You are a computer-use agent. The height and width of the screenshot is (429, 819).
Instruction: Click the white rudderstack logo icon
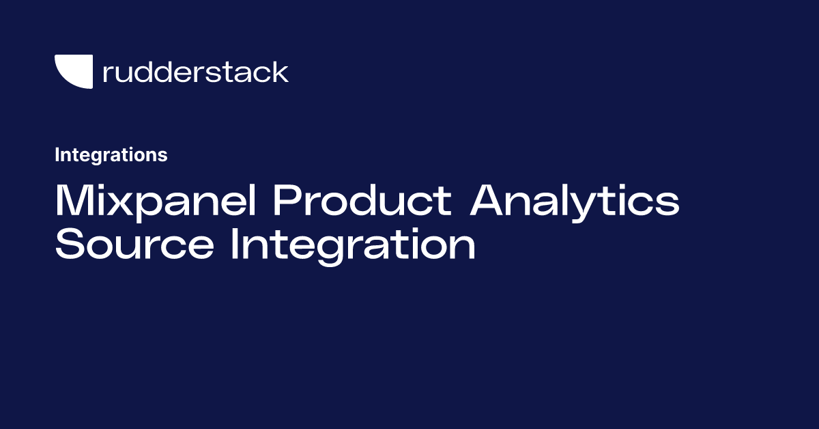(72, 71)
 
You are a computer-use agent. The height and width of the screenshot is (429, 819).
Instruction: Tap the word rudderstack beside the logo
(195, 72)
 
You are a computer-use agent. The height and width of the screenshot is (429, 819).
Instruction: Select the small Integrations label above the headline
(111, 155)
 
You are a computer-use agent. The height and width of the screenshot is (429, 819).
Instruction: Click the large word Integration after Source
(352, 246)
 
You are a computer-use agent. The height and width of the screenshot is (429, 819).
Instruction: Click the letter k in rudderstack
(280, 71)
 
